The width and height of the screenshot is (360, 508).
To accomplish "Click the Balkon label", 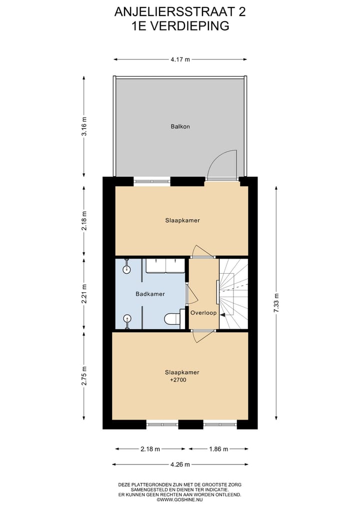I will (x=179, y=126).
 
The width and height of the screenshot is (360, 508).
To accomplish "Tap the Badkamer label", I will (x=150, y=294).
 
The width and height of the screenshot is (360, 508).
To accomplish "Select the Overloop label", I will (x=203, y=313).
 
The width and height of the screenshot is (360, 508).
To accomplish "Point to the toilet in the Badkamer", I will (x=171, y=319).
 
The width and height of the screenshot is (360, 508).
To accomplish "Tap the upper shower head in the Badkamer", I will (x=127, y=270).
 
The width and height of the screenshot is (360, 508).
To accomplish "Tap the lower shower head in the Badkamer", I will (x=127, y=318).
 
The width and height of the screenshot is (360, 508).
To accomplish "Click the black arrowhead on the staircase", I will (x=222, y=315).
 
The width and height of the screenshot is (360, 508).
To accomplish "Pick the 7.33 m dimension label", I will (x=275, y=303).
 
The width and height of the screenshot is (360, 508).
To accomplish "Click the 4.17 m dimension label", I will (x=180, y=59).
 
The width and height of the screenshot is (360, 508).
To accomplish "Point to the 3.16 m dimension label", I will (x=84, y=126).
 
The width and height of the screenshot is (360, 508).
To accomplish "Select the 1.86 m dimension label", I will (x=218, y=449).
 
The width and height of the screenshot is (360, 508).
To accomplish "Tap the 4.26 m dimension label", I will (x=180, y=465).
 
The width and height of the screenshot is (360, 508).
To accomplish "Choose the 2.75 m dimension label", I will (x=84, y=375).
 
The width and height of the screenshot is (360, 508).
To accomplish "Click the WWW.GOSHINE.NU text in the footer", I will (x=181, y=500).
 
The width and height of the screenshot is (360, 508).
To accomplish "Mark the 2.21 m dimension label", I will (x=84, y=294).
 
